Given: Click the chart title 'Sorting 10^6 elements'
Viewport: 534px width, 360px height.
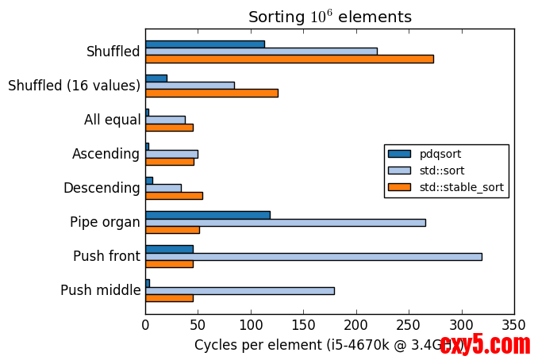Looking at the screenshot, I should coord(329,17).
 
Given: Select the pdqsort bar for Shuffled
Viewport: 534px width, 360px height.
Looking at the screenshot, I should coord(205,44).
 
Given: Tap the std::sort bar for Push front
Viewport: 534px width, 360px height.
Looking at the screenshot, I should coord(313,256).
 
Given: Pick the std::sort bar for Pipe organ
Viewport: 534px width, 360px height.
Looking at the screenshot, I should coord(285,222).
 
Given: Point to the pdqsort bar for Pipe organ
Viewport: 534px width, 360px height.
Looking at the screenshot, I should coord(207,214).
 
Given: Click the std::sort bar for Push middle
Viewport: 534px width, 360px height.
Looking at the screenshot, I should coord(240,290).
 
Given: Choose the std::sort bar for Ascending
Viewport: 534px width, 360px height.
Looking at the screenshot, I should coord(171,154).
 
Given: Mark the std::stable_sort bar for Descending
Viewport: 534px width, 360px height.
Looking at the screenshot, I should coord(174,195).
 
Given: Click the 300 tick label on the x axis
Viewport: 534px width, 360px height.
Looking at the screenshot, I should coord(461,324).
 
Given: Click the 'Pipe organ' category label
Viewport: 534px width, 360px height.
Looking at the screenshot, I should coord(105,222).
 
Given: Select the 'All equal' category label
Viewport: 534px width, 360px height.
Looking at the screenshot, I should coord(112,120).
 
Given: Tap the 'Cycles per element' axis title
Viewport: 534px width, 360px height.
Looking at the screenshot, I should coord(313,345).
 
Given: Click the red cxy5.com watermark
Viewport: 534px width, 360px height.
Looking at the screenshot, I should coord(485,344).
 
